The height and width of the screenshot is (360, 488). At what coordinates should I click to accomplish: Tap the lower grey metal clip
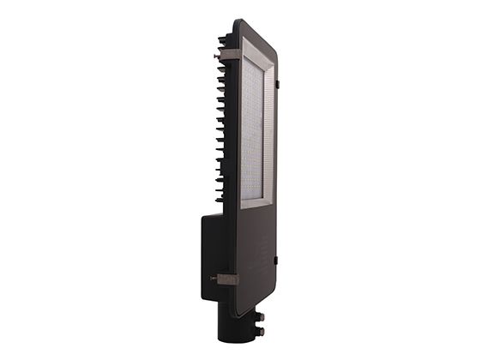(x=228, y=279)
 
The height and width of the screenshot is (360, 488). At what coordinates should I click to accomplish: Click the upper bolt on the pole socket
(x=260, y=318)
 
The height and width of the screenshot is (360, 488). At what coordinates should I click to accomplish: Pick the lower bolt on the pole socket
(x=260, y=330)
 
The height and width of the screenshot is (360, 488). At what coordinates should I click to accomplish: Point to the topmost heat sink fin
(x=225, y=39)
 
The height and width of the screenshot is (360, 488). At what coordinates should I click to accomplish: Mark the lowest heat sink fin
(x=220, y=198)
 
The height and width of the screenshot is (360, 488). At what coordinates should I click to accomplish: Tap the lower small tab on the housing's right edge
(x=275, y=259)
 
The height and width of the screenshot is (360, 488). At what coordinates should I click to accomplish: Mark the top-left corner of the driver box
(x=203, y=216)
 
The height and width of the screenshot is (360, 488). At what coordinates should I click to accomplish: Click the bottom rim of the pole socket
(x=237, y=340)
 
